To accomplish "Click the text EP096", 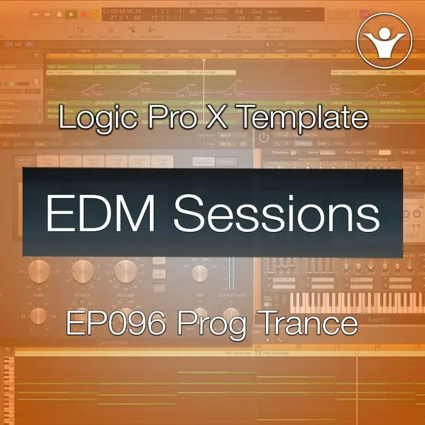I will point(117,324).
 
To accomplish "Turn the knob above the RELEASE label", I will point(125,271).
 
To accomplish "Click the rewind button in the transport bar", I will point(35,14).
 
